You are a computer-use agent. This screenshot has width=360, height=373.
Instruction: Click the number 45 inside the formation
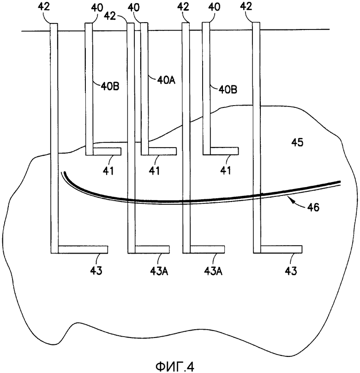[297, 142]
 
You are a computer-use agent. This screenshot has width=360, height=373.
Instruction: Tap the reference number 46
[313, 207]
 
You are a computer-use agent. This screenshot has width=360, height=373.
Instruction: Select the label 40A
[166, 80]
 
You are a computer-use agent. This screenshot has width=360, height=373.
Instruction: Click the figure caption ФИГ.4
[175, 367]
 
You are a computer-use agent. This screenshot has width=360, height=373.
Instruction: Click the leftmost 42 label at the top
[44, 6]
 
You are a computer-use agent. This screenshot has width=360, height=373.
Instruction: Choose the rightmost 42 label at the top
[246, 6]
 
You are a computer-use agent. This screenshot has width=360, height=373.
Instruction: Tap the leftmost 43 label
[96, 271]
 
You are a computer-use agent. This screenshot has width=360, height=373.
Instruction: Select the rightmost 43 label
[291, 271]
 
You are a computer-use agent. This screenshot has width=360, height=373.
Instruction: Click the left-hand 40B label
[110, 86]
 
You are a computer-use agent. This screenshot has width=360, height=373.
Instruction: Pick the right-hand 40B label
[228, 90]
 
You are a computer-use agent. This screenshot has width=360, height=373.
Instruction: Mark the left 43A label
[159, 271]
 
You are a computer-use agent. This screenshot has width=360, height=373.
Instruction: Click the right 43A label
[213, 271]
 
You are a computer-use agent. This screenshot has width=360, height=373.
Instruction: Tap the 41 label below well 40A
[155, 171]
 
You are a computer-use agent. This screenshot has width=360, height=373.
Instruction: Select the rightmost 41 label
[226, 171]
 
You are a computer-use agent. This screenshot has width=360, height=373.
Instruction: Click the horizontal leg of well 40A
[162, 151]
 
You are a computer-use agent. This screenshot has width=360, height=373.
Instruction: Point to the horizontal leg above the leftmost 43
[83, 249]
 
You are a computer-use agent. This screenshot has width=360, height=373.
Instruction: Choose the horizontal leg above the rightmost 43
[281, 249]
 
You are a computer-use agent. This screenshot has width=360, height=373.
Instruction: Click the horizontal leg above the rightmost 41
[224, 151]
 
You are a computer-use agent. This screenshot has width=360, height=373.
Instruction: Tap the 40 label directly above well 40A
[133, 7]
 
